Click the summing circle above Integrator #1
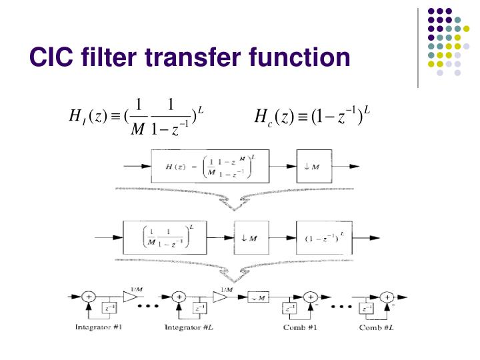tap(87, 298)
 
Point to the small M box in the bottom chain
tap(257, 297)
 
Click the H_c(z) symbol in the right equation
tap(275, 119)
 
